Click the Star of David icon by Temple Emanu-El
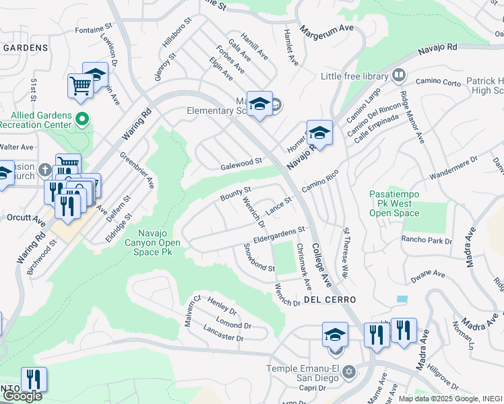348,372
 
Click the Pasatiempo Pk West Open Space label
394,203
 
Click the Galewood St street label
241,164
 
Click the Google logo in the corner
22,396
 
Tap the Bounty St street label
236,193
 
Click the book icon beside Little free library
399,75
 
